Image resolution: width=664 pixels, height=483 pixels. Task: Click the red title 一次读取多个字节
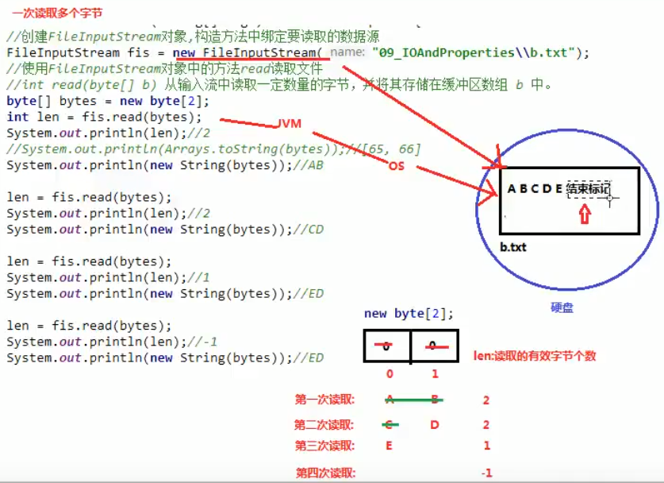[x=57, y=14]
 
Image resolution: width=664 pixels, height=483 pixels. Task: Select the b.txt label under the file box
[x=513, y=247]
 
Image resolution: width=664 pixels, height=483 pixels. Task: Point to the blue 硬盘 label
[x=562, y=307]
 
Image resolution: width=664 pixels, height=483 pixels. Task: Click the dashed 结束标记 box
[x=589, y=189]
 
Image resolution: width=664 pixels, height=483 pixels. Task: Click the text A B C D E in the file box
[x=535, y=189]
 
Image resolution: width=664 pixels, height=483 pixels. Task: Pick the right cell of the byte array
[x=433, y=346]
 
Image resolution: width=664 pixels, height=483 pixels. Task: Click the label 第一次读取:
[x=324, y=400]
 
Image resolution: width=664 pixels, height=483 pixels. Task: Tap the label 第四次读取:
[x=325, y=473]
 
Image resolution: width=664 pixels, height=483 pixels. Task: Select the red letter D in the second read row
[x=435, y=425]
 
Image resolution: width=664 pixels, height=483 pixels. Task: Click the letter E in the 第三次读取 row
[x=389, y=446]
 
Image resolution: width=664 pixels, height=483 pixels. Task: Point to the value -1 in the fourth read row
[x=486, y=473]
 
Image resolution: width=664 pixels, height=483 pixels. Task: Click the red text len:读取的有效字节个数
[x=534, y=356]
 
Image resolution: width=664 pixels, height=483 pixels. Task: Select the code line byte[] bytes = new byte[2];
[x=108, y=101]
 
